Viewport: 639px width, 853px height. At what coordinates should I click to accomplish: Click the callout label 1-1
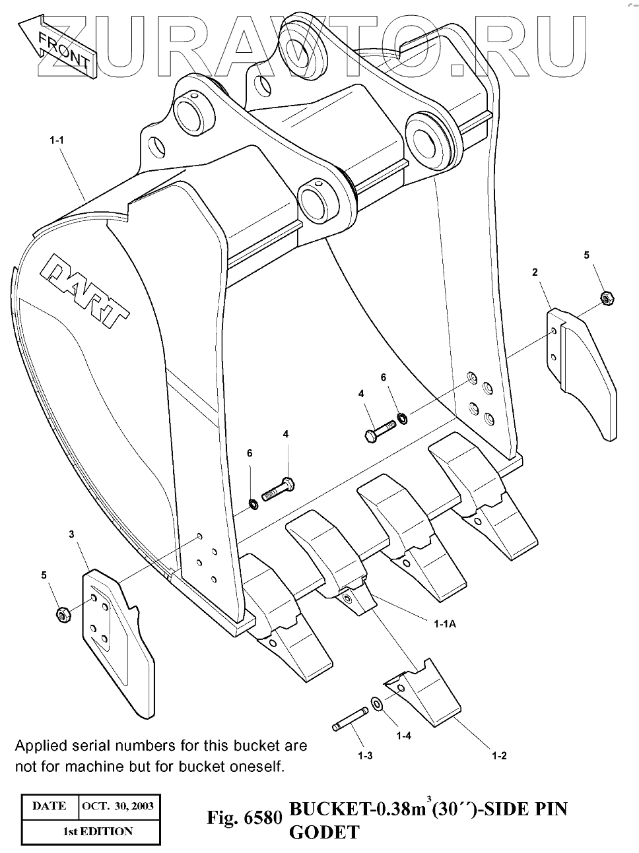point(56,140)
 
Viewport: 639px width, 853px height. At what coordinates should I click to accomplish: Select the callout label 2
point(535,272)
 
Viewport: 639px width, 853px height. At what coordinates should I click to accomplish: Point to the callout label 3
point(72,534)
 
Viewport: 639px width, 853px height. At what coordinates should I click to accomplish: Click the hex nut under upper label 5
point(605,298)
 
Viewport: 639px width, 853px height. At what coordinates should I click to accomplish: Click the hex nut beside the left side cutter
point(63,614)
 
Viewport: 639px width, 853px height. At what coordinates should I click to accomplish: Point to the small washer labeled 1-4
point(376,704)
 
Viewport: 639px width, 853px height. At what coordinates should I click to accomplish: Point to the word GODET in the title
point(324,833)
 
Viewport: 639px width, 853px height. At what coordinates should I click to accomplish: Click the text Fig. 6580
point(244,818)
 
